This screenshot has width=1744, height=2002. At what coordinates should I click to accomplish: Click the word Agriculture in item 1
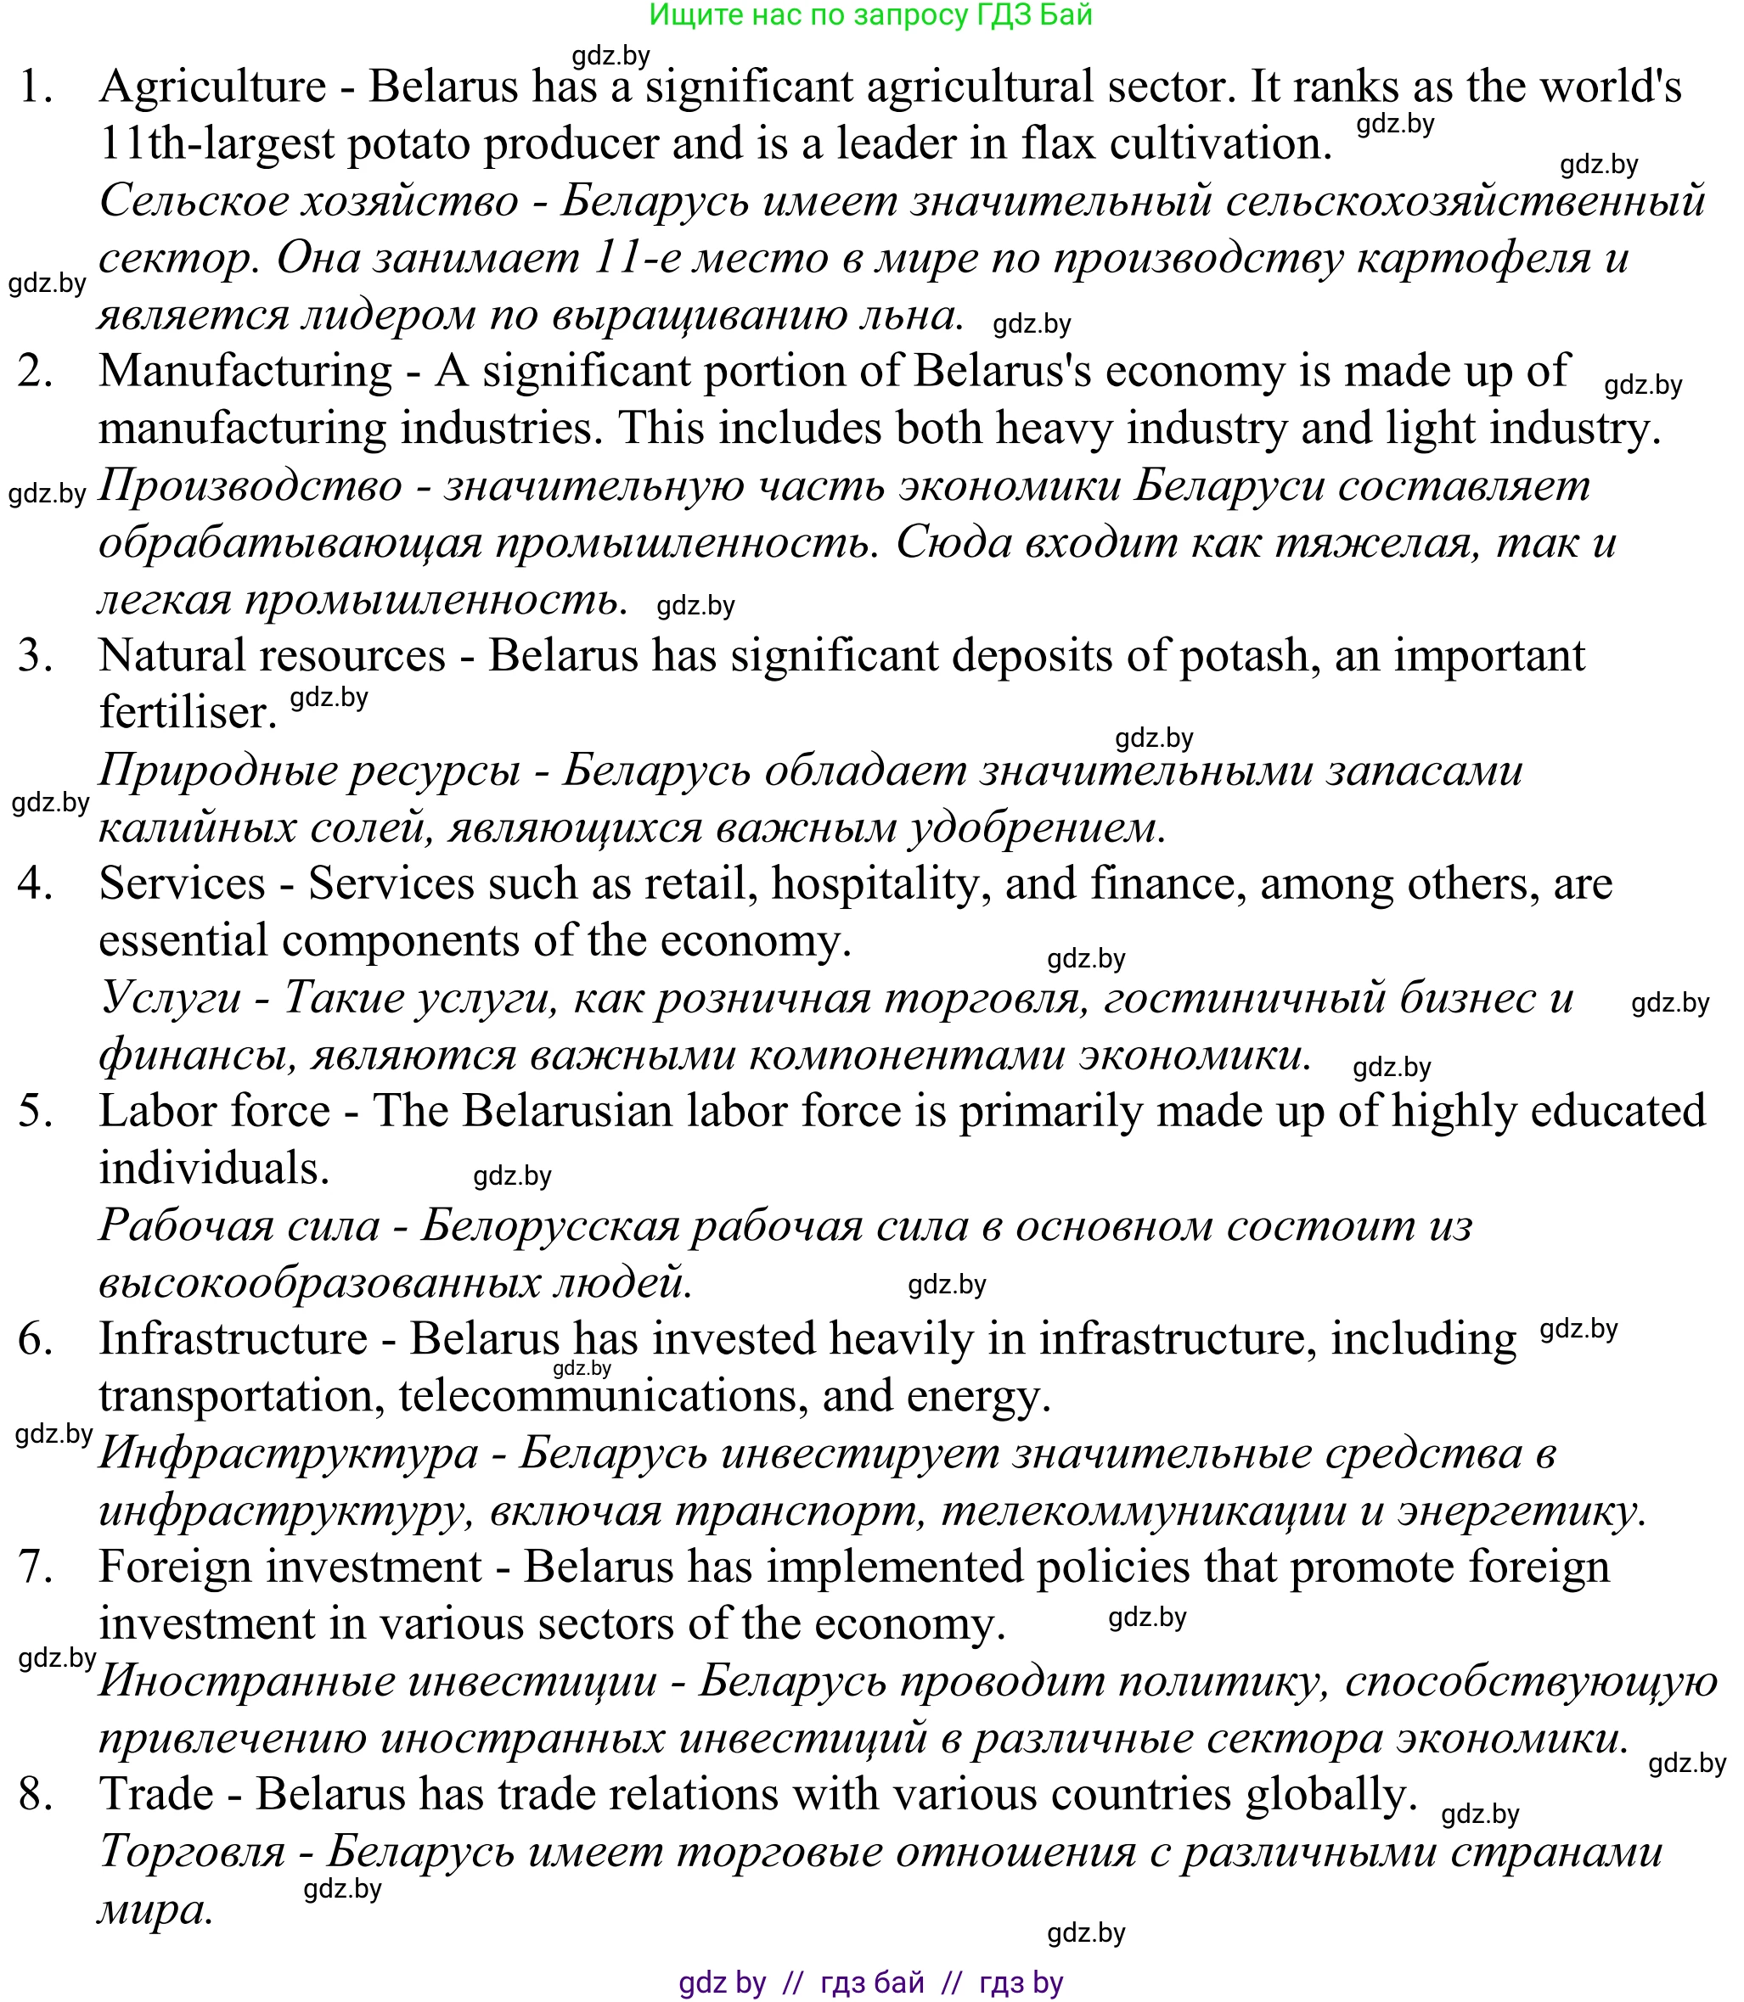point(212,87)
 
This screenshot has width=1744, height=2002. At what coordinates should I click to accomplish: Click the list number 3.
point(35,657)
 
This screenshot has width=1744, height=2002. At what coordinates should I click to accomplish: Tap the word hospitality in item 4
point(880,884)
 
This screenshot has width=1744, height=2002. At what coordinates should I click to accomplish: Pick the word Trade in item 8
point(155,1795)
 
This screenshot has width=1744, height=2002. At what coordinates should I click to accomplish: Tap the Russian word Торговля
point(192,1851)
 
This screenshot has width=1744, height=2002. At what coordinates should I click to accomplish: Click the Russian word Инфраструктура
point(289,1455)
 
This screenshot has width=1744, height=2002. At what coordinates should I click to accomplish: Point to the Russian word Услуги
point(171,999)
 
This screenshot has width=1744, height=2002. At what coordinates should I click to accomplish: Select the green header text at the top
point(870,15)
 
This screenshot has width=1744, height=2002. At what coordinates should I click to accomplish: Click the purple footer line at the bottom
point(870,1982)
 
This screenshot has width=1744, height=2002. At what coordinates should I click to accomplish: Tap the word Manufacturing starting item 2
point(245,372)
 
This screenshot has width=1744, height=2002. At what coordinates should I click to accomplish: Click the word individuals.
point(214,1169)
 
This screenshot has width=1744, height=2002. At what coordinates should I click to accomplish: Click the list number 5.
point(35,1112)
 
